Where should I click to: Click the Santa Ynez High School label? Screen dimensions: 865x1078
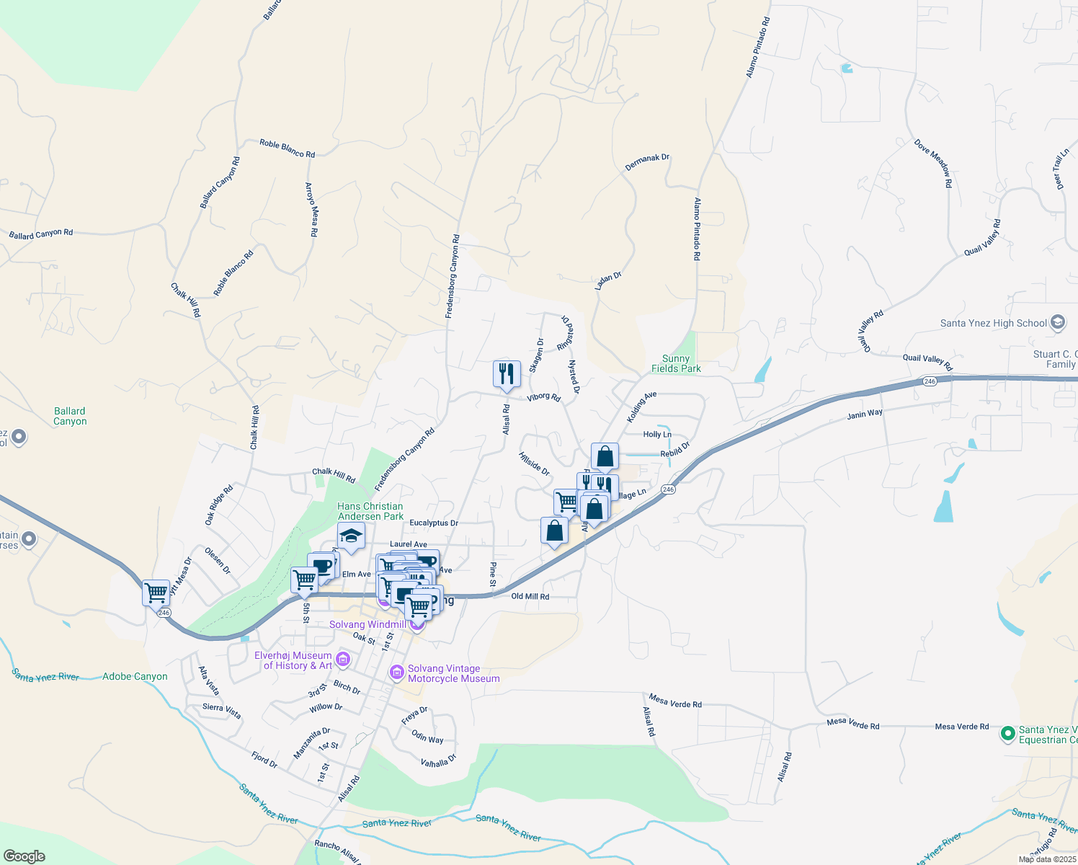pyautogui.click(x=993, y=323)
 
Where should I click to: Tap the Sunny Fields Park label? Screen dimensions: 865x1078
pyautogui.click(x=676, y=363)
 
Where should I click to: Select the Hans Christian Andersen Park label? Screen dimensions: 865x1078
pyautogui.click(x=370, y=511)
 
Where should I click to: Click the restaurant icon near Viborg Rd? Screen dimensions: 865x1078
pyautogui.click(x=507, y=373)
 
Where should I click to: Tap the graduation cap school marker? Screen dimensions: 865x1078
pyautogui.click(x=351, y=536)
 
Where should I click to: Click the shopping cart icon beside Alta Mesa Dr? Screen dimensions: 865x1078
pyautogui.click(x=156, y=593)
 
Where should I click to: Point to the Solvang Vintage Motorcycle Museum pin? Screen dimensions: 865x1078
pyautogui.click(x=396, y=673)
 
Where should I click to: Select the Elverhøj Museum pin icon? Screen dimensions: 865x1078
pyautogui.click(x=343, y=660)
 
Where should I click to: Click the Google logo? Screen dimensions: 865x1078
pyautogui.click(x=24, y=856)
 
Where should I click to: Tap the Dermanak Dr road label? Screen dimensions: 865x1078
pyautogui.click(x=647, y=162)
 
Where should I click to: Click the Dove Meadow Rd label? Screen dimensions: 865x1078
pyautogui.click(x=934, y=164)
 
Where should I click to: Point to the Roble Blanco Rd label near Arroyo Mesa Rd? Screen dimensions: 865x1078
pyautogui.click(x=287, y=148)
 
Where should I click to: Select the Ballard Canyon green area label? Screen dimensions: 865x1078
pyautogui.click(x=70, y=416)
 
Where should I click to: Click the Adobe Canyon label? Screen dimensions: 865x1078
pyautogui.click(x=135, y=676)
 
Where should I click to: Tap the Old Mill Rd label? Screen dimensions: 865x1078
pyautogui.click(x=530, y=596)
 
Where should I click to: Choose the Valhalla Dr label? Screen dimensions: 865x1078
pyautogui.click(x=438, y=760)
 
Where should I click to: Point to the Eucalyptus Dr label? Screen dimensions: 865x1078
pyautogui.click(x=434, y=523)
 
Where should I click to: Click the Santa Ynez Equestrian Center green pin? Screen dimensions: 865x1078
pyautogui.click(x=1008, y=734)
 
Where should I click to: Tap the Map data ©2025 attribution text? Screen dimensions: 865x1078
pyautogui.click(x=1047, y=859)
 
